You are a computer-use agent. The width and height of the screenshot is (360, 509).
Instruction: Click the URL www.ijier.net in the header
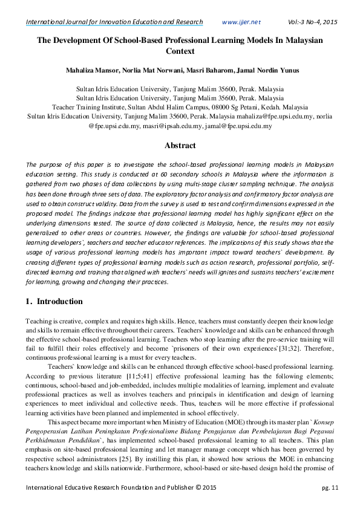point(241,22)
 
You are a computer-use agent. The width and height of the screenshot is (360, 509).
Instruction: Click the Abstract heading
point(180,146)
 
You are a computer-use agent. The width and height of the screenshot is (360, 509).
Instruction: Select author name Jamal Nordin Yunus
point(266,71)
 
